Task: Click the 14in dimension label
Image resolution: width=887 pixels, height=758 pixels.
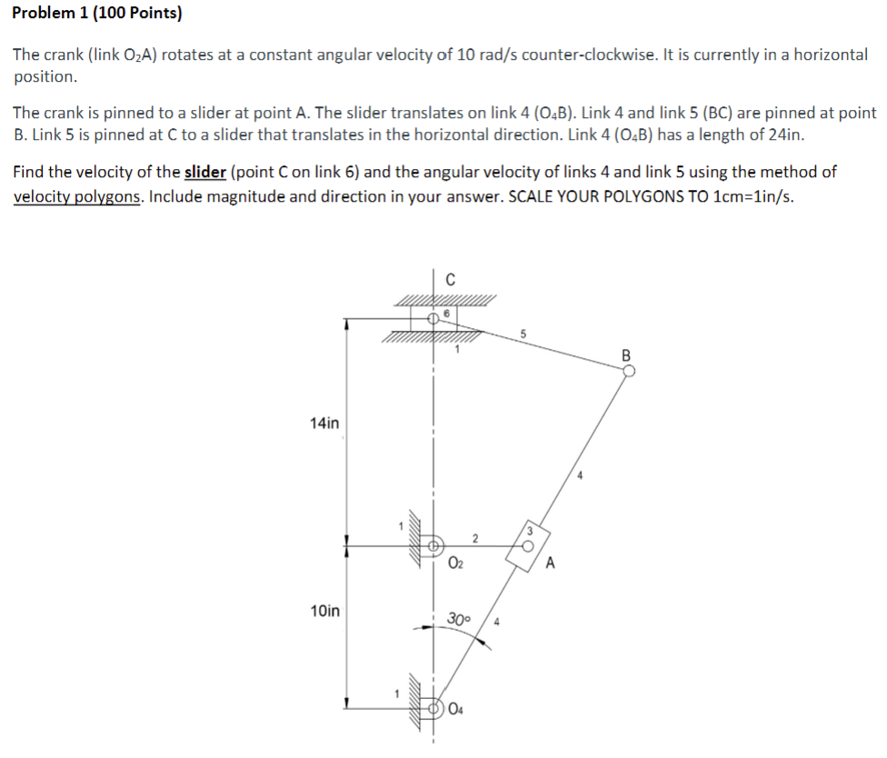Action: (x=324, y=423)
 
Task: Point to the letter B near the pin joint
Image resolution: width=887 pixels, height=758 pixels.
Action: (x=625, y=354)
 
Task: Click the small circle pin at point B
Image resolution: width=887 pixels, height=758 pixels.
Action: (x=628, y=370)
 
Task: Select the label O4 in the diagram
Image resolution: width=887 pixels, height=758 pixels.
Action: (x=456, y=711)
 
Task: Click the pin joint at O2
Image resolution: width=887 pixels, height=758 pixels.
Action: (x=434, y=547)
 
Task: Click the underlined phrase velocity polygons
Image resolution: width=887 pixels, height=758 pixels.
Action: (x=76, y=197)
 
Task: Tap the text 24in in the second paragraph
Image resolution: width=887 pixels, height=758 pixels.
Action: (x=785, y=135)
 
